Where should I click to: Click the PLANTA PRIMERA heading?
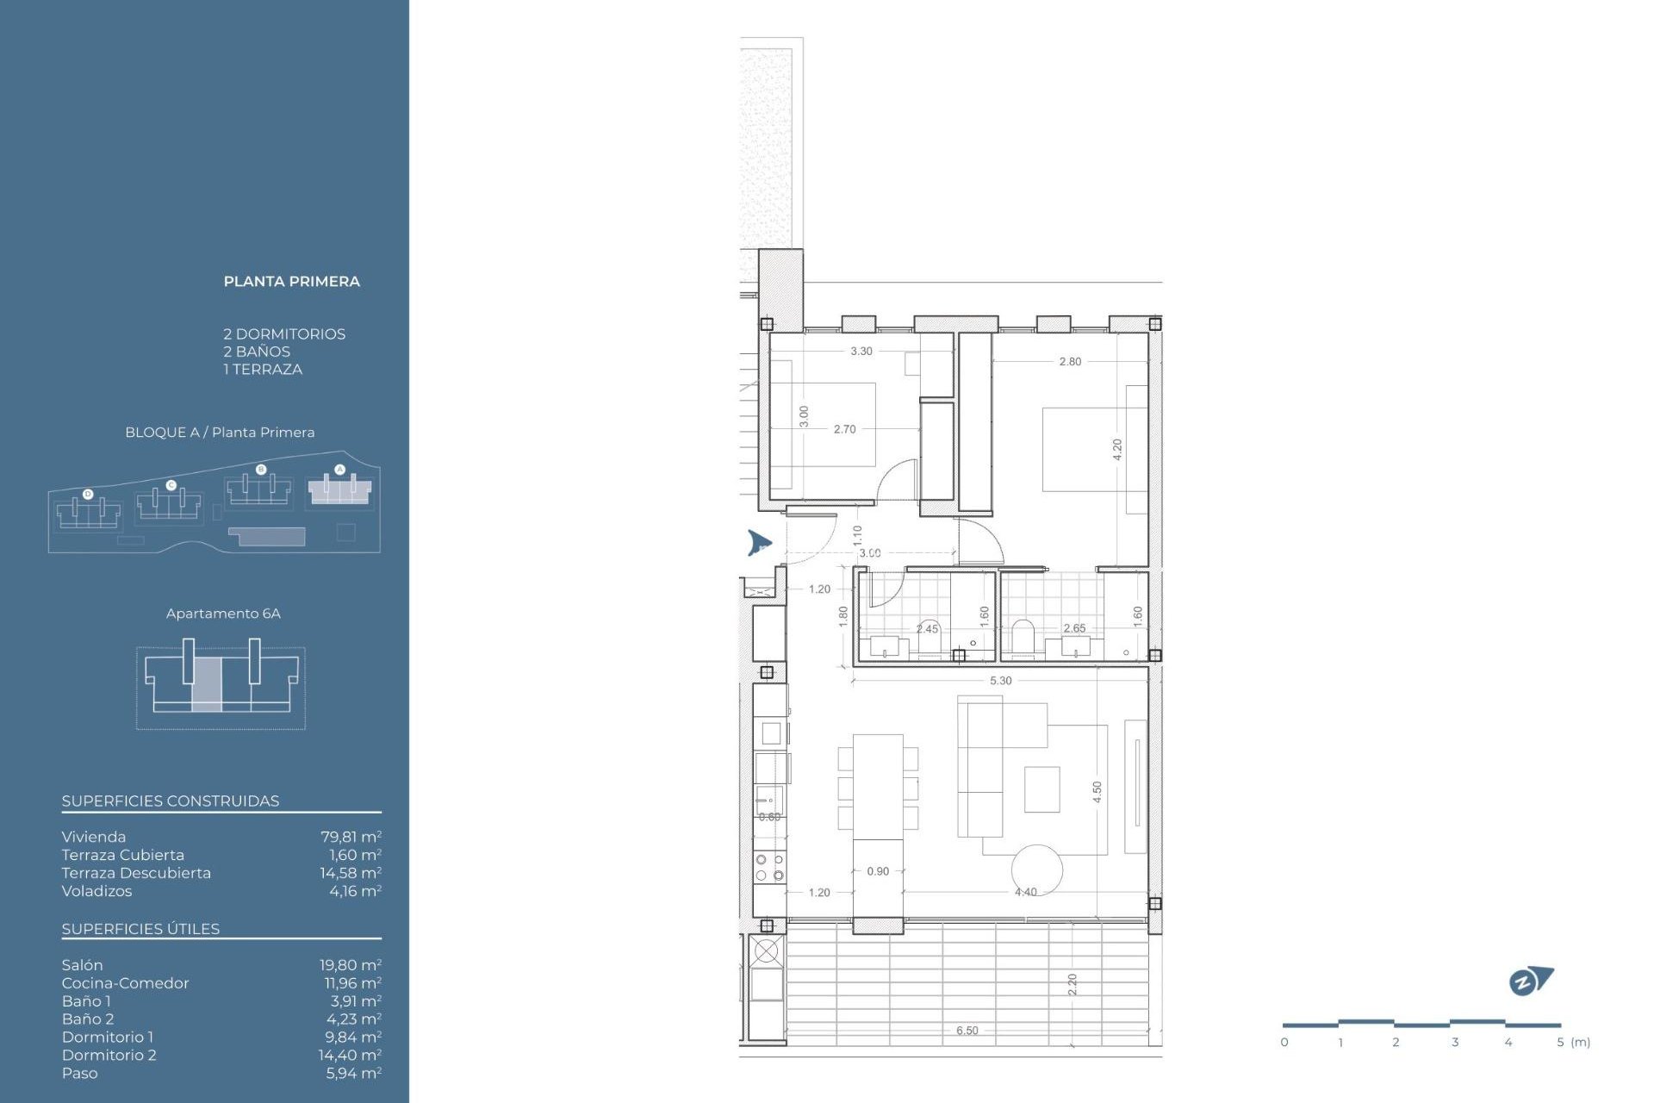[x=291, y=282]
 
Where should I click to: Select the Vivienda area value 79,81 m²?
[x=351, y=837]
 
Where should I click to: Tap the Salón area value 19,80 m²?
[x=350, y=965]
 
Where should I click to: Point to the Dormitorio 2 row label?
[x=109, y=1055]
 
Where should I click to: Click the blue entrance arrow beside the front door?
[x=758, y=543]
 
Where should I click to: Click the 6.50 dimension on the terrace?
[x=967, y=1031]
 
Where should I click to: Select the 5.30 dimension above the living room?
[x=1000, y=681]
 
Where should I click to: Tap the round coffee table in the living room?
[x=1037, y=869]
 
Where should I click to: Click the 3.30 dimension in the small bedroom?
[x=861, y=352]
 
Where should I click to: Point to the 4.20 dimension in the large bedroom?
[x=1117, y=449]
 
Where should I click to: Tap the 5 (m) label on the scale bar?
[x=1573, y=1043]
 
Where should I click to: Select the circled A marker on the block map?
[x=339, y=470]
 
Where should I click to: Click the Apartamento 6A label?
[x=223, y=614]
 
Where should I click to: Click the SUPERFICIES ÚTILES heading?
[x=140, y=929]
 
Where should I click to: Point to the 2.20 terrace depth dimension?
[x=1073, y=984]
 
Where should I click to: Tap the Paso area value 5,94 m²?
[x=353, y=1073]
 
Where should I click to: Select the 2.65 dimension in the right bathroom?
[x=1074, y=628]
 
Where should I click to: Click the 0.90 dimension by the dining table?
[x=878, y=871]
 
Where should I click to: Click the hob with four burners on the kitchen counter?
[x=769, y=867]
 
